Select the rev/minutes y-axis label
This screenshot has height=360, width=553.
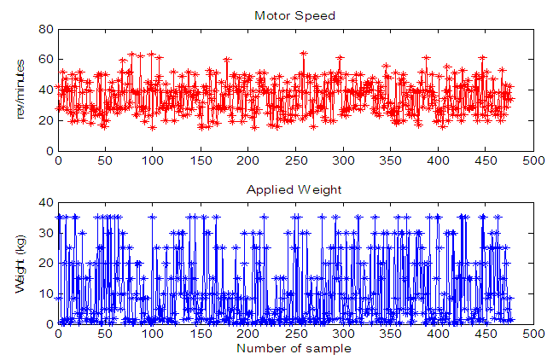pos(22,90)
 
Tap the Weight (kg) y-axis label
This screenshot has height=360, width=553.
pos(22,263)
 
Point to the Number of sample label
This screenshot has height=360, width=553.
pos(294,348)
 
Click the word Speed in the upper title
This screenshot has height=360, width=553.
pos(317,15)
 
